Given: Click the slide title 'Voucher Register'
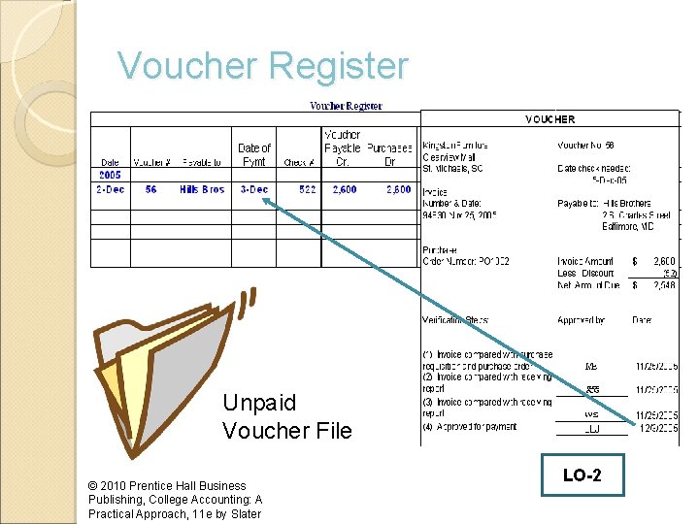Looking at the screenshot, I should click(x=263, y=67).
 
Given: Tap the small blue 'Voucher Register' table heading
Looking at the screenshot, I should click(x=346, y=106).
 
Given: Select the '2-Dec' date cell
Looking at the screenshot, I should click(x=110, y=189).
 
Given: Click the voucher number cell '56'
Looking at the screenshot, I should click(x=150, y=189).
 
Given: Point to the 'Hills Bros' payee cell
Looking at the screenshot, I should click(x=202, y=189).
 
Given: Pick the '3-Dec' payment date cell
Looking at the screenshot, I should click(x=254, y=189).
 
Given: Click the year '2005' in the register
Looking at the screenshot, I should click(x=110, y=176).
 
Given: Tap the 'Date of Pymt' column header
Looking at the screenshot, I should click(x=254, y=154).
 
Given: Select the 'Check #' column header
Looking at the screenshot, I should click(x=297, y=162).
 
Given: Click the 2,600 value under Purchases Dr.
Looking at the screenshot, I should click(x=398, y=189).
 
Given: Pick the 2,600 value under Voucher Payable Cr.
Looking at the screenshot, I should click(x=344, y=189).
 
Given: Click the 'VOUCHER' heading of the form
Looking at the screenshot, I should click(x=550, y=119).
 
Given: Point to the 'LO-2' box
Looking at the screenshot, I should click(x=582, y=476).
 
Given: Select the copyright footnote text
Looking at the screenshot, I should click(x=175, y=500).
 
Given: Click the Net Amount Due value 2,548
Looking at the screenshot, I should click(x=664, y=285).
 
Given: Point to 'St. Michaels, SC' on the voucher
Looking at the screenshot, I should click(x=452, y=169).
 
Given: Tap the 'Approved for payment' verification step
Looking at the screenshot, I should click(x=477, y=426).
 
